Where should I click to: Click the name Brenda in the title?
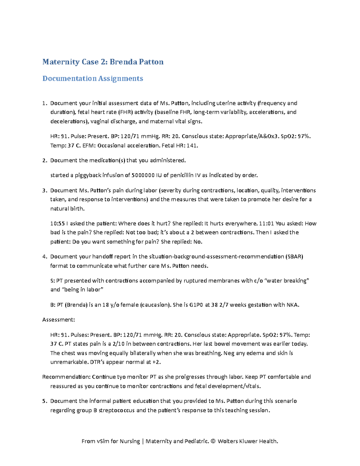pos(123,62)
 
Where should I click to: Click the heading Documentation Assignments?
pos(93,78)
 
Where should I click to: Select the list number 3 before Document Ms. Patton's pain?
pos(44,191)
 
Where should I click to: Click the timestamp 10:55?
pos(57,224)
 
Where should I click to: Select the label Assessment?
pos(58,320)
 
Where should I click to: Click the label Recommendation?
pos(66,377)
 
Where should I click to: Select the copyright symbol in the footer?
pos(213,441)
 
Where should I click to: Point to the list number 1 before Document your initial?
pos(44,103)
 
